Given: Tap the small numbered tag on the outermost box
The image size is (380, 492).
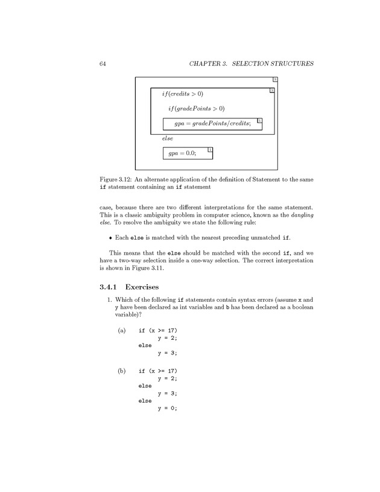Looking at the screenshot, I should point(275,79).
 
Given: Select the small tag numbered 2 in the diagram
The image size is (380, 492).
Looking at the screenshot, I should point(272,91).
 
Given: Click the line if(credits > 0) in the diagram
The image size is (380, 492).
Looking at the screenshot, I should point(183,94).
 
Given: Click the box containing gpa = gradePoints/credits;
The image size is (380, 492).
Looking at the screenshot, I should point(213,124).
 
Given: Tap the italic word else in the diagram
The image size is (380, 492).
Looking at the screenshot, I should point(168,138).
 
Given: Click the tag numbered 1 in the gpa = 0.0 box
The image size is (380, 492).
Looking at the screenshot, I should point(209,149).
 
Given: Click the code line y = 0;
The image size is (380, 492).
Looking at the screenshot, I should point(167,407).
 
